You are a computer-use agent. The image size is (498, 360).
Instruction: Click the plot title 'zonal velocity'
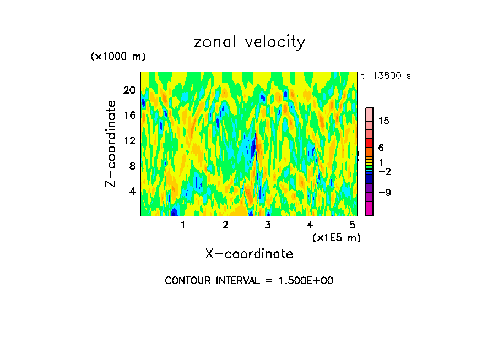pos(249,42)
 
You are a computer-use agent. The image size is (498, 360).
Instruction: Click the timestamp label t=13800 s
pos(386,76)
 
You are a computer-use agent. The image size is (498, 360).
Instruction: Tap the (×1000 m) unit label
pos(118,57)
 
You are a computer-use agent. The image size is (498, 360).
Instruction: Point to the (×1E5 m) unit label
pos(336,237)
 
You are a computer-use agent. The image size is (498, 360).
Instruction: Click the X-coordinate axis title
pos(249,254)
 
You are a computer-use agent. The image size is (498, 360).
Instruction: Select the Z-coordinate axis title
pos(111,144)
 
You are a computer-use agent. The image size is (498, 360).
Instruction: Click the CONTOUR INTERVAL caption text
pos(249,281)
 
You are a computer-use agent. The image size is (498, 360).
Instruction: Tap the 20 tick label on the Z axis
pos(129,90)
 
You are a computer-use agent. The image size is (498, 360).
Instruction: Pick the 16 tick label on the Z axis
pos(129,116)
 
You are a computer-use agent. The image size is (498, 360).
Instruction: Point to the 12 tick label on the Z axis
pos(129,141)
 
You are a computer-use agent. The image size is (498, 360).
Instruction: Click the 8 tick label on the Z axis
pos(132,166)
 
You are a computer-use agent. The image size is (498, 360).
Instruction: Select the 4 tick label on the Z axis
pos(132,191)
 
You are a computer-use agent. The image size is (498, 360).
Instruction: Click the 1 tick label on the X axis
pos(183,225)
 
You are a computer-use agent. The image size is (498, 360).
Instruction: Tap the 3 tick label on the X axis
pos(268,225)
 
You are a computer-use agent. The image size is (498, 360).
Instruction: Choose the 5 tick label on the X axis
pos(352,225)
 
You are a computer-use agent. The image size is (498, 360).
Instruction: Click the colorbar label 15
pos(384,121)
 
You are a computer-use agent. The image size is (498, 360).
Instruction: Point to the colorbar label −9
pos(384,192)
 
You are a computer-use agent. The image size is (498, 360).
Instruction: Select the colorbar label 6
pos(381,148)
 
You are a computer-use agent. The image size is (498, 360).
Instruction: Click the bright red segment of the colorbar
pos(370,143)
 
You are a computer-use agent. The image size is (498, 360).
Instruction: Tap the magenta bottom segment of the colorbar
pos(370,209)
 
